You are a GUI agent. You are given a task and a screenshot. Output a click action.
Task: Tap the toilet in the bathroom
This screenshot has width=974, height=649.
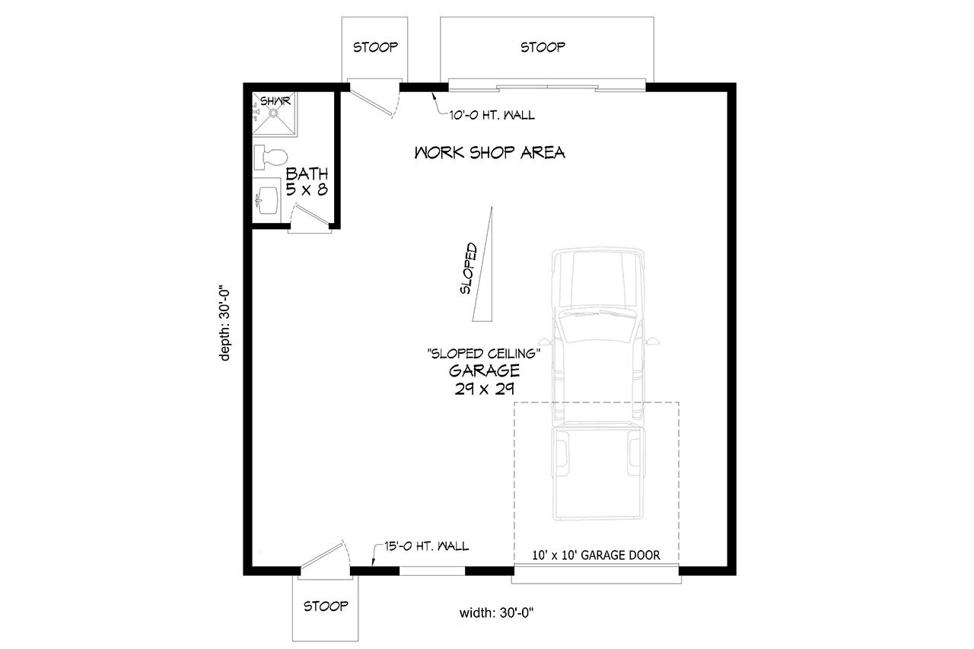tap(268, 157)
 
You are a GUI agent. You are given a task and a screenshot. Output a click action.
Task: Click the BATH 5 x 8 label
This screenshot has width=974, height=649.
tap(307, 183)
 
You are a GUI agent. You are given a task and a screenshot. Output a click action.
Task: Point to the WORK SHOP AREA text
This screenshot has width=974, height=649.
tap(489, 153)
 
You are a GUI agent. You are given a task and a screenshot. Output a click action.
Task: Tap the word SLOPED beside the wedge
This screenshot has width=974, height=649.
tap(468, 269)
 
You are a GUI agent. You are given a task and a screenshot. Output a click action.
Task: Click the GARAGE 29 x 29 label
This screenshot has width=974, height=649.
tap(484, 379)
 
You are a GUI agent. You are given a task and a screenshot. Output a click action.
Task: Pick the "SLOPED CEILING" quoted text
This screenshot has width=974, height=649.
tap(484, 353)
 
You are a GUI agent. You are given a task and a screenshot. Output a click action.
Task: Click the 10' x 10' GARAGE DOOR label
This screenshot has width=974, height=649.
tap(597, 555)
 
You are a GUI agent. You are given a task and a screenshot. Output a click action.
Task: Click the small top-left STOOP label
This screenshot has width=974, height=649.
tap(375, 47)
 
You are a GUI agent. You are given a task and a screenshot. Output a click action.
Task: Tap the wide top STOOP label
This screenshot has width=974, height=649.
tap(543, 47)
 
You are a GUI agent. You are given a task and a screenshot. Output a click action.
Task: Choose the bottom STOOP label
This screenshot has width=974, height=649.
tap(326, 606)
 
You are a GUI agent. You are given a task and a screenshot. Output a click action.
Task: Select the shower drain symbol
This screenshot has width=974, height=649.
tap(273, 113)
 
